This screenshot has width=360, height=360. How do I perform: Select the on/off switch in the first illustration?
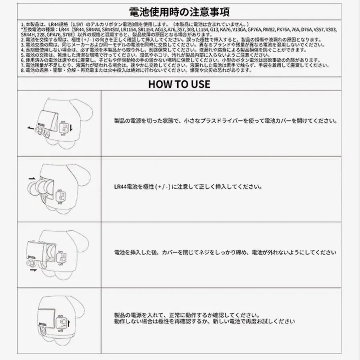(x=64, y=128)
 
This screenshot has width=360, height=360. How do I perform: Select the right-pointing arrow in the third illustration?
(x=34, y=270)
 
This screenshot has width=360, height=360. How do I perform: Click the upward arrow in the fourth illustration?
(x=69, y=322)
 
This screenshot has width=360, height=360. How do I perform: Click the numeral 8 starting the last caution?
(x=22, y=70)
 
